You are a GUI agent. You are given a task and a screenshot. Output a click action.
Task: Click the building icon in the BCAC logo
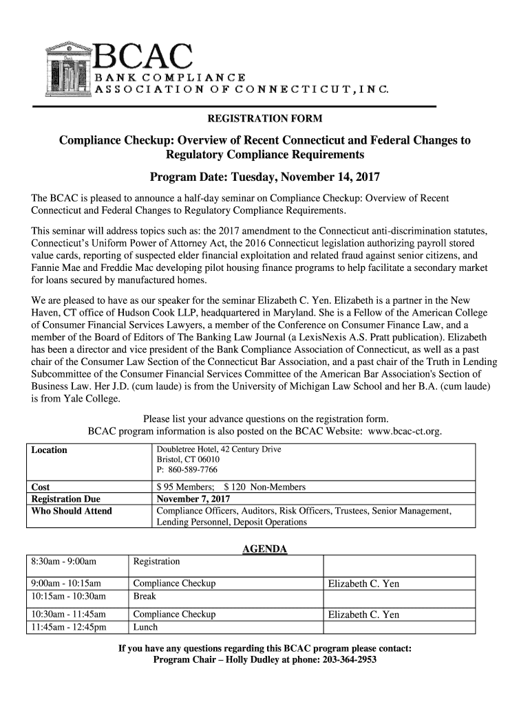[x=67, y=68]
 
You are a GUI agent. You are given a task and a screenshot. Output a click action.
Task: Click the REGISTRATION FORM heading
[x=265, y=118]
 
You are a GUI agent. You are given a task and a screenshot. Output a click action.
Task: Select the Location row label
[x=49, y=450]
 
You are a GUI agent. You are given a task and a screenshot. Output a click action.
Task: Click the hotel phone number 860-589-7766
[x=187, y=470]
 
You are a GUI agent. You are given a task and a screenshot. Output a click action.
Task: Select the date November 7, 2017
[x=193, y=499]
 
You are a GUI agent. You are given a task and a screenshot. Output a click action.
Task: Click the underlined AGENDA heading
[x=265, y=549]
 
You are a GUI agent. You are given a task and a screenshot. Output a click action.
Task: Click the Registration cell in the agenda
[x=156, y=562]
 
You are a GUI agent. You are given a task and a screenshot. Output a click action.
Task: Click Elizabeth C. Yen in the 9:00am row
[x=363, y=584]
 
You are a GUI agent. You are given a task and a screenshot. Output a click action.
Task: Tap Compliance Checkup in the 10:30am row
[x=174, y=615]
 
